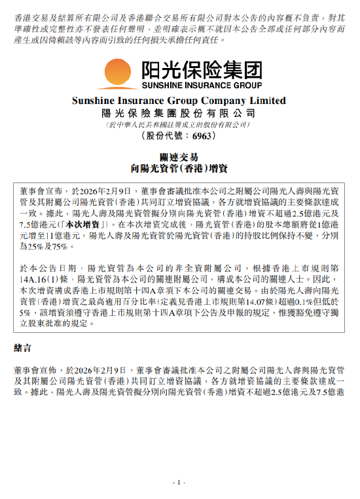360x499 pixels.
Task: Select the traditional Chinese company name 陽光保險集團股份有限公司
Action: pos(179,112)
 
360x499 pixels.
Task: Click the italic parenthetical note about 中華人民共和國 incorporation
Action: pos(179,124)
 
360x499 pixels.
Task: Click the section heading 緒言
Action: pos(23,344)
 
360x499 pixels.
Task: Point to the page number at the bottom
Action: pos(179,482)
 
